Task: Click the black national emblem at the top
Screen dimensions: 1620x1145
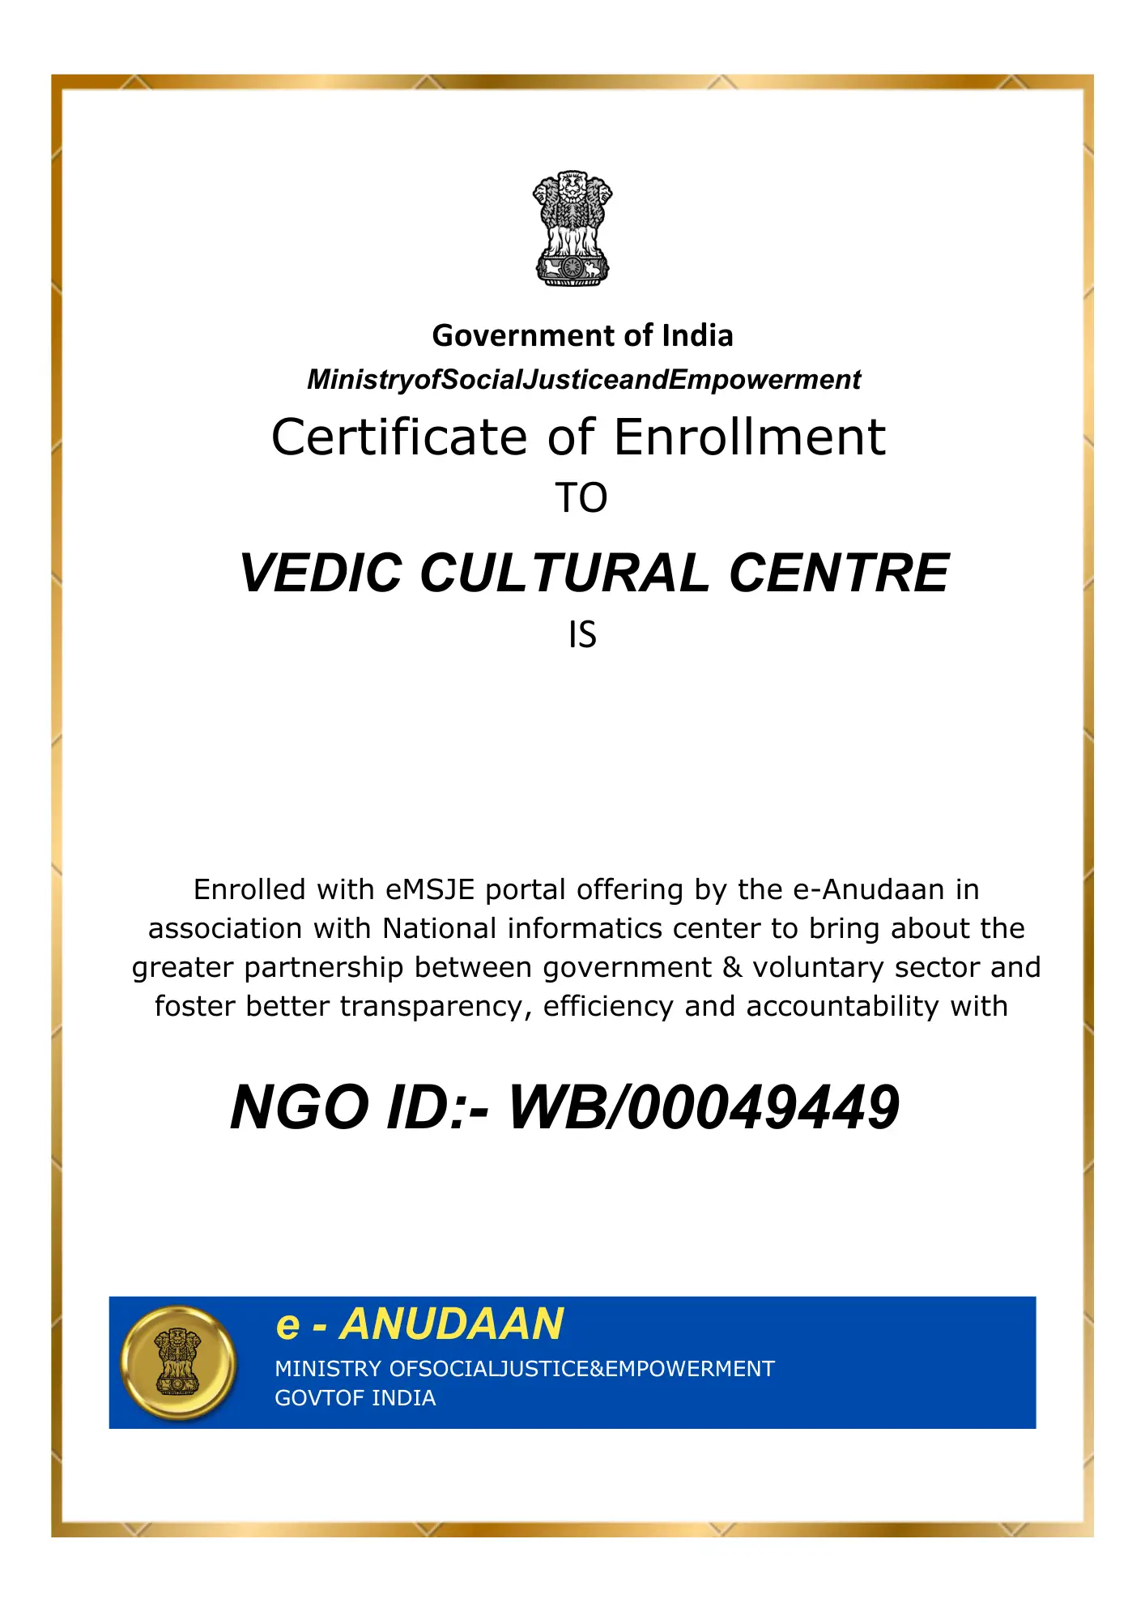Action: click(572, 228)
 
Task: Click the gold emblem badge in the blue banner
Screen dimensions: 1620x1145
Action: click(178, 1362)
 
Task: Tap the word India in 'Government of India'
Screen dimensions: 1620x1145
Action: click(697, 335)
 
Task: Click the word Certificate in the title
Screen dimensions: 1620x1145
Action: click(399, 437)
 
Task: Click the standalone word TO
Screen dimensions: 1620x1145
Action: click(581, 498)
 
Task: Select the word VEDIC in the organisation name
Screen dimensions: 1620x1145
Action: click(321, 573)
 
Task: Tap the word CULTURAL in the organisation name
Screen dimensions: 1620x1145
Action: click(565, 573)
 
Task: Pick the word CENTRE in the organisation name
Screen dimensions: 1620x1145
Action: click(839, 573)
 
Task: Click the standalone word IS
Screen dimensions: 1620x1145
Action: click(582, 635)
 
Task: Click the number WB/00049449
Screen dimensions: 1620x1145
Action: click(703, 1108)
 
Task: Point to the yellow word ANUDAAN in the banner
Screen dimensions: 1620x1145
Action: click(451, 1324)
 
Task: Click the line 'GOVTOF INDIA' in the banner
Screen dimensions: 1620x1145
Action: click(355, 1398)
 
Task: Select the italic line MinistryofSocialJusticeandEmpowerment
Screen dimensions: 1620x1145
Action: click(583, 379)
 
